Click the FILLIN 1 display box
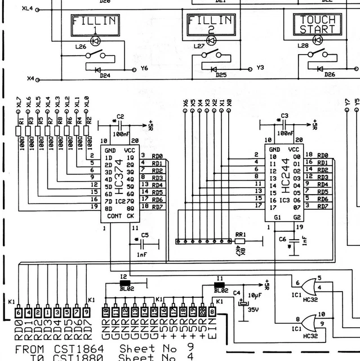point(95,25)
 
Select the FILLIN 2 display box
point(211,25)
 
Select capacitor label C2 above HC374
point(119,116)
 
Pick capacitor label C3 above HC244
point(284,115)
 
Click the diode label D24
point(105,75)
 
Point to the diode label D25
point(221,75)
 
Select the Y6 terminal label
point(144,68)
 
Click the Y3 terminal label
point(260,68)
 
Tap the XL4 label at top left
point(27,10)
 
